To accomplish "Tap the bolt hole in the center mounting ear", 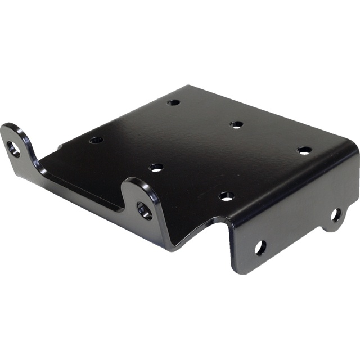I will point(143,210).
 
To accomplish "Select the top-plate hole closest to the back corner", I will point(173,103).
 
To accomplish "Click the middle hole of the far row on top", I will point(236,124).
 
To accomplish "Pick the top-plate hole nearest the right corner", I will point(304,150).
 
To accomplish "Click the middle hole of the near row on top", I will point(156,167).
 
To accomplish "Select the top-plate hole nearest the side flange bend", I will point(226,196).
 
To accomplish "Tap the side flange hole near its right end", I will point(336,214).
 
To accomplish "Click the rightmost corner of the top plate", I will point(355,151).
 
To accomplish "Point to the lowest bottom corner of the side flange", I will point(239,273).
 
